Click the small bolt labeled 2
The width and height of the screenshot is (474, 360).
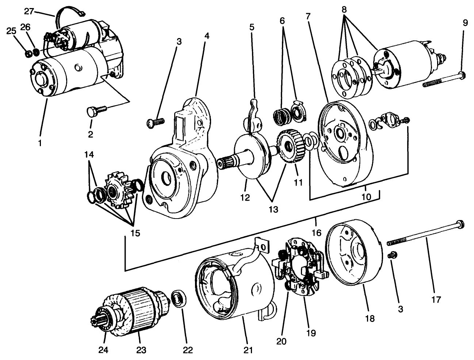(x=95, y=110)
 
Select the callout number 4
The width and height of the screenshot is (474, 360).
(x=207, y=37)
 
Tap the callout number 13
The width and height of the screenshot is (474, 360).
(x=273, y=209)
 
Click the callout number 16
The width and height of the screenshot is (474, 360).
(x=316, y=232)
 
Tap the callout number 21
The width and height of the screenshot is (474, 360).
(x=248, y=350)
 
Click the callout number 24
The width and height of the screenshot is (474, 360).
(x=104, y=350)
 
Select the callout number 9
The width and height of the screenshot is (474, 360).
(x=465, y=23)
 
